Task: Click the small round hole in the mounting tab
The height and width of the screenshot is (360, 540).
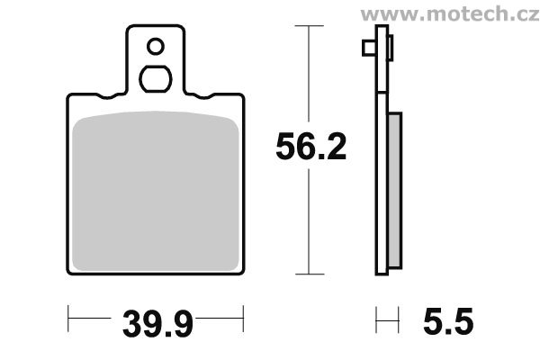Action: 155,46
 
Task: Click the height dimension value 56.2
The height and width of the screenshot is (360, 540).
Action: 310,148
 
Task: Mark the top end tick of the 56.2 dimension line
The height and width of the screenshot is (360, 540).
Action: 309,26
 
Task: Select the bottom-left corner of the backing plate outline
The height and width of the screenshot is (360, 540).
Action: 71,272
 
